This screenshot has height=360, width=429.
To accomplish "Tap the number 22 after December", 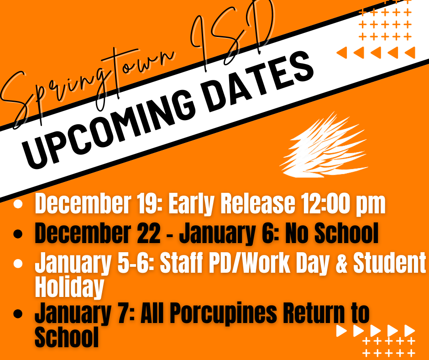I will [x=146, y=234].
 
